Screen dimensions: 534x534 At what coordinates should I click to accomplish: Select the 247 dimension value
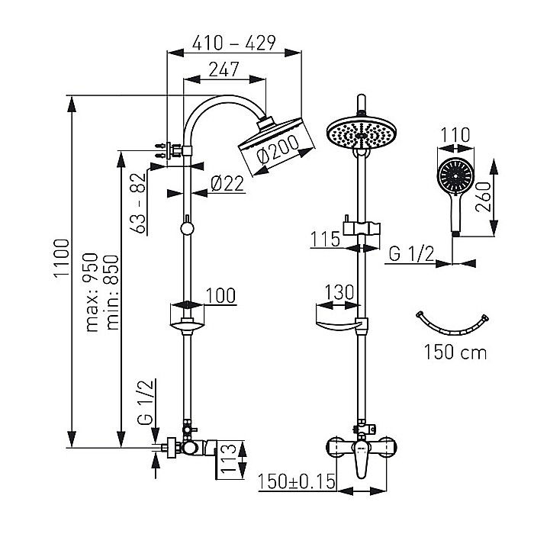224,69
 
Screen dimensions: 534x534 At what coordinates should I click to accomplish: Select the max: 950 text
94,293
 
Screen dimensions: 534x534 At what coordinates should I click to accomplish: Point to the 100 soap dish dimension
220,295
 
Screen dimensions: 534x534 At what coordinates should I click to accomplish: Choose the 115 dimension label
325,239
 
